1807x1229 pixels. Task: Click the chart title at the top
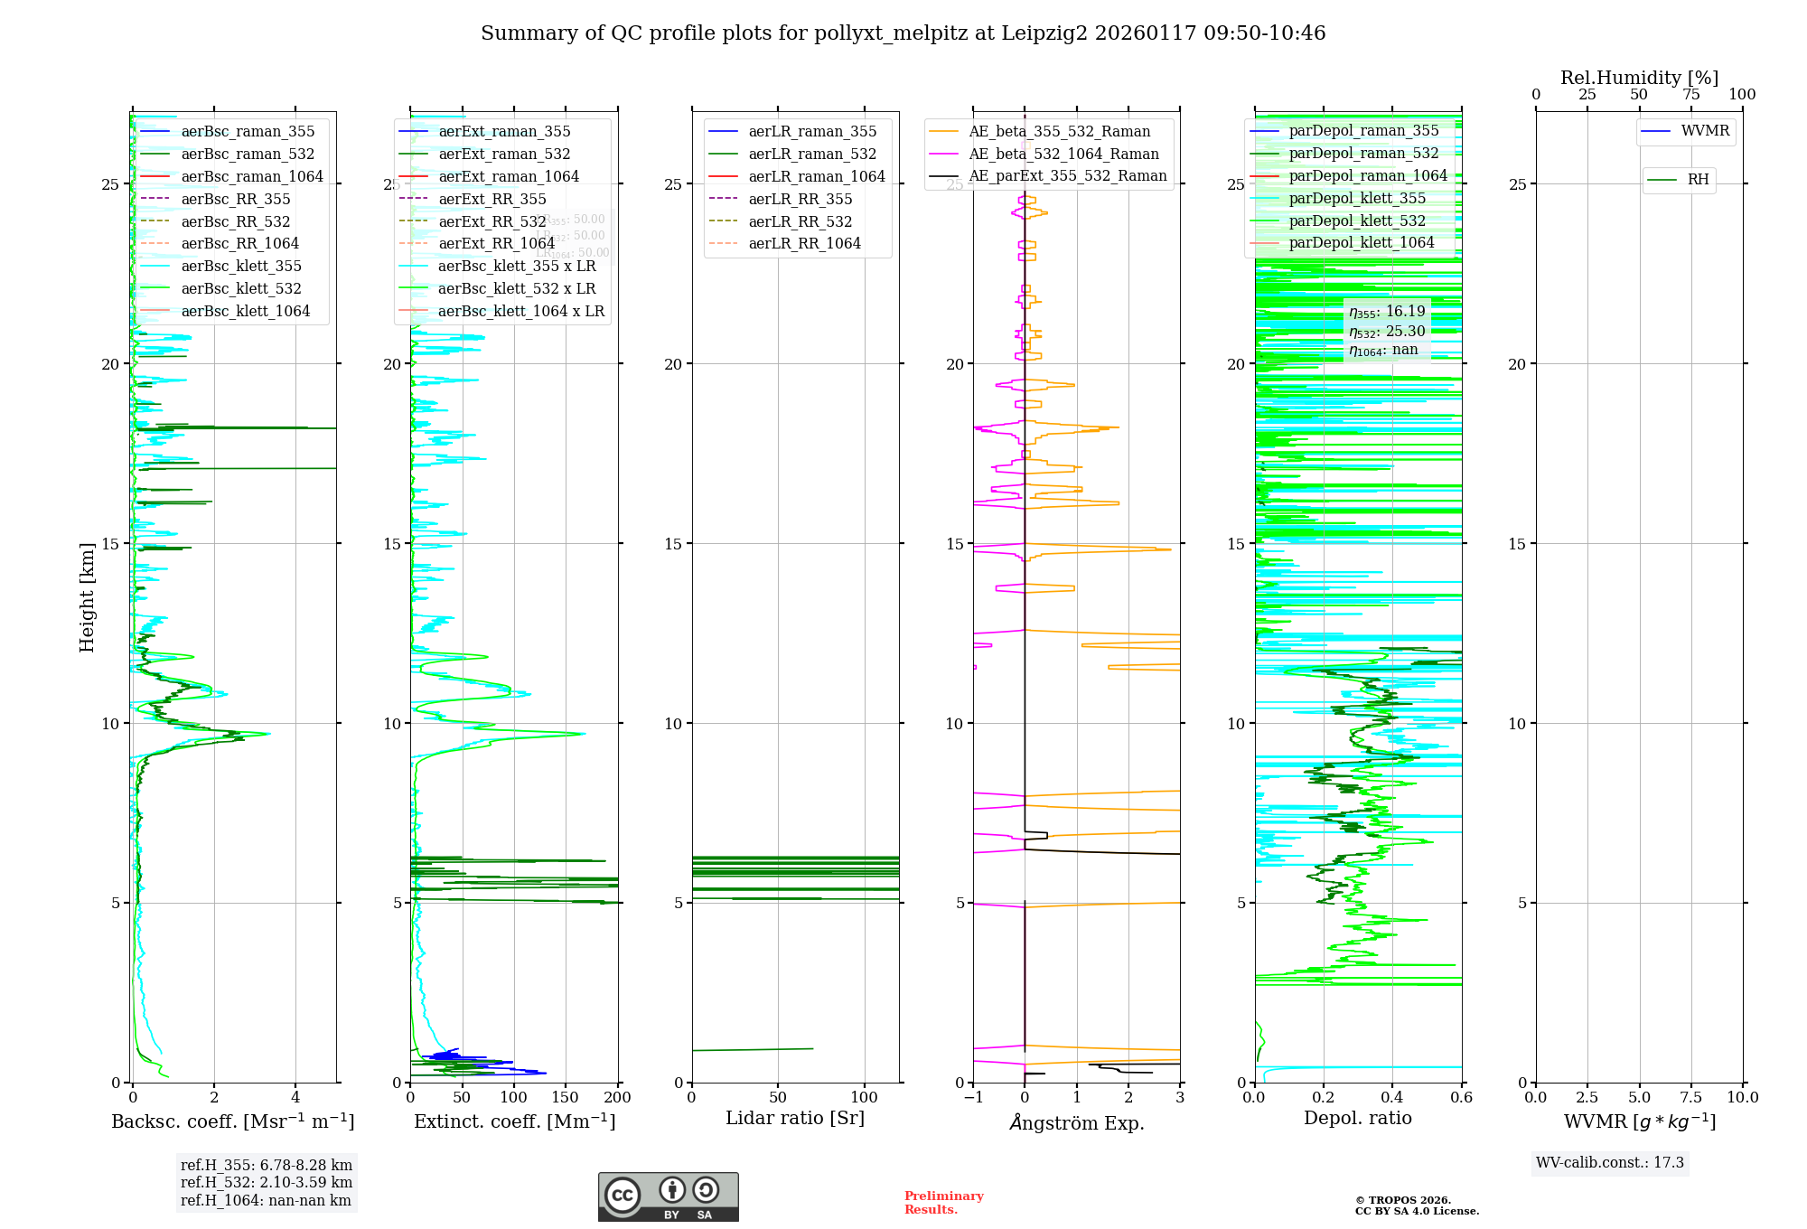[903, 33]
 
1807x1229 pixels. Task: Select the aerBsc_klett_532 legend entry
[241, 289]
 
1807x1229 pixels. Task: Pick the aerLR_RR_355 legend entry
[800, 199]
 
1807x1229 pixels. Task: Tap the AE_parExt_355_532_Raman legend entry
[1067, 176]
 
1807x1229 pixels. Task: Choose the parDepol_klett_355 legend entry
[1357, 199]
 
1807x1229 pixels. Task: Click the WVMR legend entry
[1705, 131]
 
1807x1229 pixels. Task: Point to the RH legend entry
[1698, 180]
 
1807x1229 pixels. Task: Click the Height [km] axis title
[87, 597]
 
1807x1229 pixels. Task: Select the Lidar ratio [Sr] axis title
[795, 1119]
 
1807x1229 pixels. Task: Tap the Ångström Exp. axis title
[1076, 1123]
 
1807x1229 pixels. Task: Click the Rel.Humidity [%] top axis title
[1639, 78]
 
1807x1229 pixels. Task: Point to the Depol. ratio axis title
[1357, 1119]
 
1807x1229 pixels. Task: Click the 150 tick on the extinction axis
[566, 1098]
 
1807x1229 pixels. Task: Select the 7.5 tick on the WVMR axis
[1691, 1098]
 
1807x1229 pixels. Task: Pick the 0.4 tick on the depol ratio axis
[1392, 1098]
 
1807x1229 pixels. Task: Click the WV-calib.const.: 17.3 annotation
[1609, 1163]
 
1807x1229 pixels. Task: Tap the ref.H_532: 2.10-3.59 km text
[266, 1183]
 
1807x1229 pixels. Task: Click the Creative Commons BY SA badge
[668, 1197]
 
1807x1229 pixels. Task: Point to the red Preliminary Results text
[943, 1203]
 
